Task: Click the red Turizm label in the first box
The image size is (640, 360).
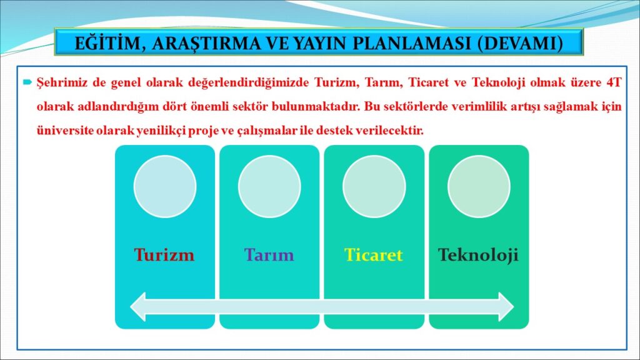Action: pyautogui.click(x=164, y=255)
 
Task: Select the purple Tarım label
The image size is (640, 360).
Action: pyautogui.click(x=269, y=255)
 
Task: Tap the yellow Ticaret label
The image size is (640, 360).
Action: pyautogui.click(x=374, y=255)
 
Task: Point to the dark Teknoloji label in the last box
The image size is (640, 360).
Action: pyautogui.click(x=478, y=255)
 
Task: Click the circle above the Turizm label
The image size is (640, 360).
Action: pyautogui.click(x=165, y=186)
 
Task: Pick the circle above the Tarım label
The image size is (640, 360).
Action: pyautogui.click(x=269, y=186)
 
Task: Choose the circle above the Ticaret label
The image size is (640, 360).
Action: pyautogui.click(x=374, y=186)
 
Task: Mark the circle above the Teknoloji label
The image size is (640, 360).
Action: pyautogui.click(x=479, y=186)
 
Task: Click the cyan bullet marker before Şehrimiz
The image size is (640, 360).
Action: pyautogui.click(x=27, y=82)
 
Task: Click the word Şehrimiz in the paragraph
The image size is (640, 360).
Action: pyautogui.click(x=62, y=83)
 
